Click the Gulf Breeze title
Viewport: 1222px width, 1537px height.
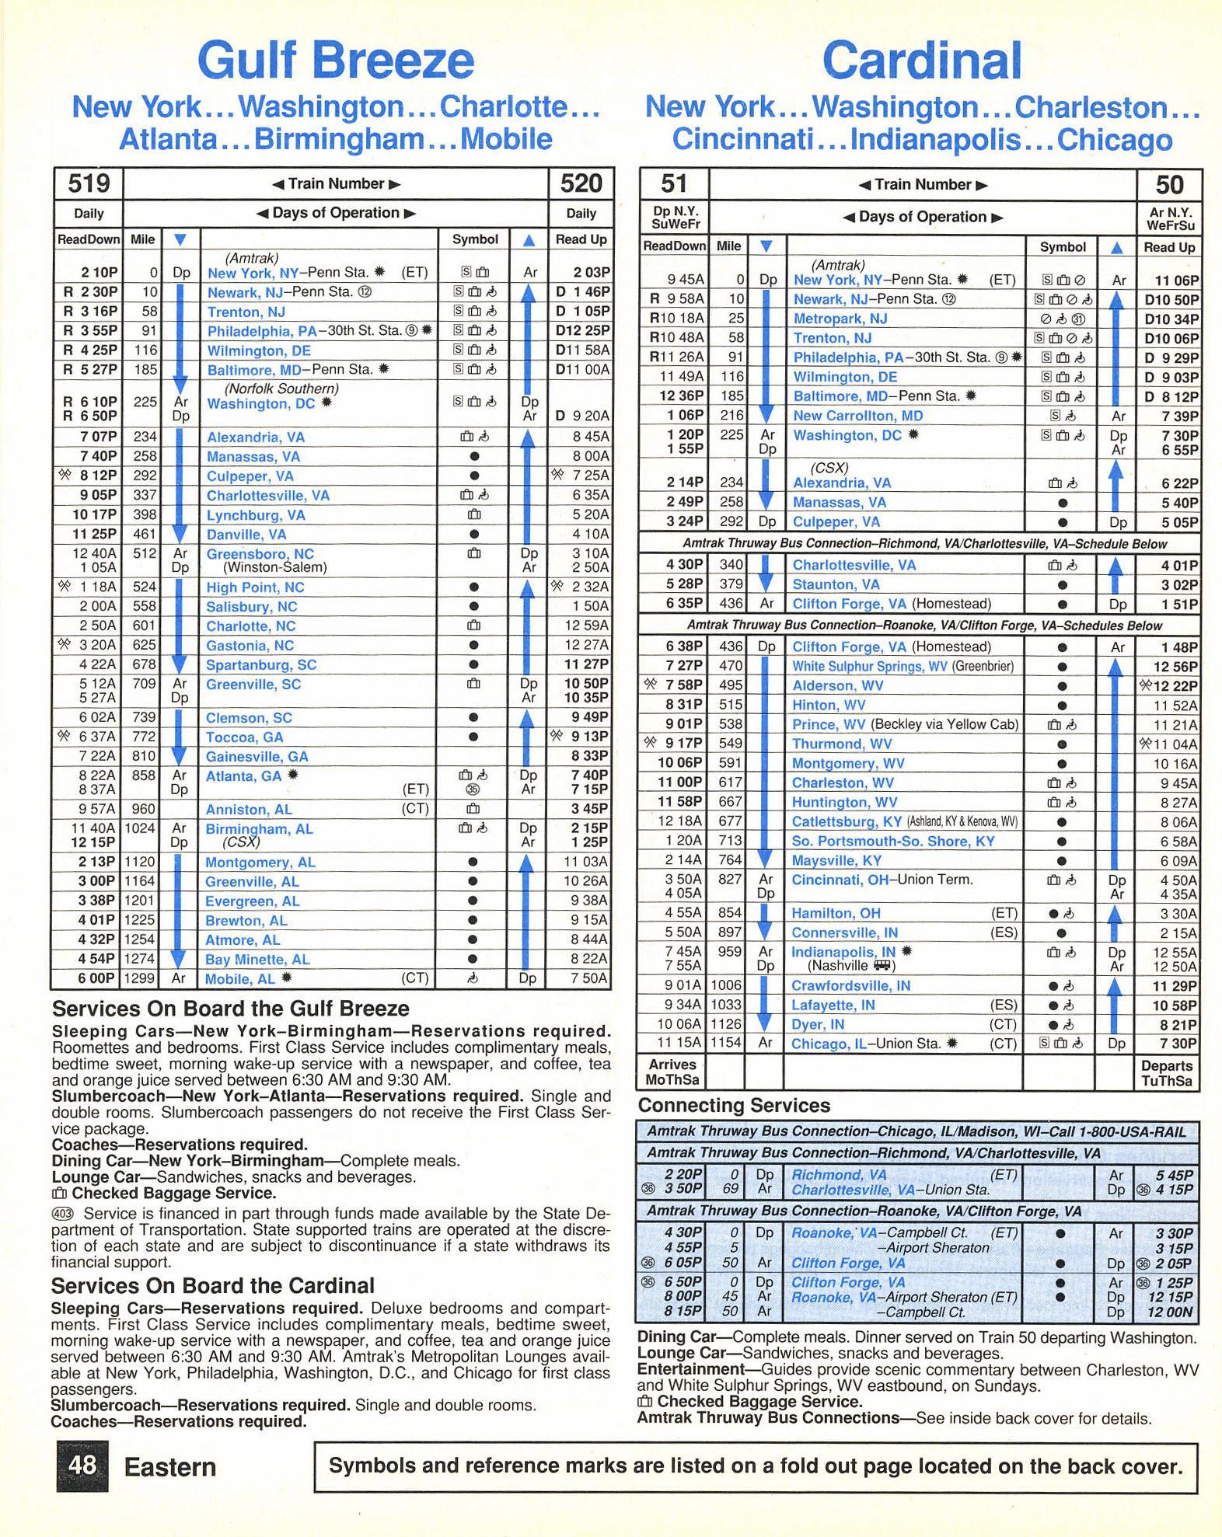coord(335,61)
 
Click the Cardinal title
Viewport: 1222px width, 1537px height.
coord(921,61)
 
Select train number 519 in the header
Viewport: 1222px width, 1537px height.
coord(89,184)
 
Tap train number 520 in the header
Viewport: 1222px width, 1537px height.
coord(581,184)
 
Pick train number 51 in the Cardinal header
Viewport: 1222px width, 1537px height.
coord(673,184)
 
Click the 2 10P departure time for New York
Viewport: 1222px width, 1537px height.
coord(99,273)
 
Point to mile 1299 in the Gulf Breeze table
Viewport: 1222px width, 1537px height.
coord(141,979)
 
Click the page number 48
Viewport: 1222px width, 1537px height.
coord(82,1466)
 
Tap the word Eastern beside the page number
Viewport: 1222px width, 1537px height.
coord(170,1467)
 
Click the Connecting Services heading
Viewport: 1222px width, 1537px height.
coord(734,1106)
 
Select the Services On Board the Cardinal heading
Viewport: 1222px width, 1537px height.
coord(213,1286)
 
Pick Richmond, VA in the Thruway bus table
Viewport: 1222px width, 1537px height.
coord(838,1175)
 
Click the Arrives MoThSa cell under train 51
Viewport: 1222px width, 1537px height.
coord(672,1072)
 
